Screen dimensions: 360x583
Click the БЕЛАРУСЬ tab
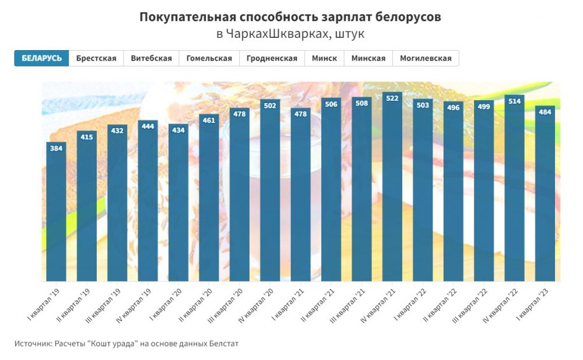[x=41, y=58]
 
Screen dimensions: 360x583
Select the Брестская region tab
[x=96, y=58]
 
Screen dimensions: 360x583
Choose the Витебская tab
[x=151, y=58]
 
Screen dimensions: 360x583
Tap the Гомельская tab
[x=209, y=58]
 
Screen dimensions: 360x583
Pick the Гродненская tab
[x=272, y=58]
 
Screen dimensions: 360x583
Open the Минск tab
[x=324, y=58]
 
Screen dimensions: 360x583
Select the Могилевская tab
[x=426, y=58]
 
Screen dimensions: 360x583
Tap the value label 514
[x=514, y=101]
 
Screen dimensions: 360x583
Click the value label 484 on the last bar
[x=545, y=112]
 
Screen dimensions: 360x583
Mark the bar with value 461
[x=209, y=204]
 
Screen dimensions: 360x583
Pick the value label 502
[x=271, y=105]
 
